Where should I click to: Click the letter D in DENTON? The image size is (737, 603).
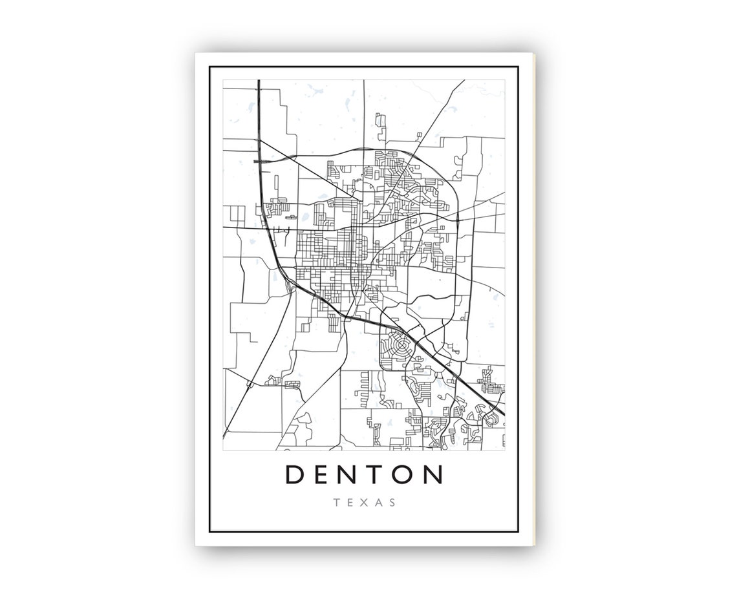pos(295,474)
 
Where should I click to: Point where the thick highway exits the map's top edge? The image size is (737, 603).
pos(258,81)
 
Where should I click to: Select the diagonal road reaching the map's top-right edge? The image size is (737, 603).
pos(463,81)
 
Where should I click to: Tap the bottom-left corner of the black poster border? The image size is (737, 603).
pos(210,531)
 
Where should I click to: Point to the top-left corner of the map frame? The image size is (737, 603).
pos(224,80)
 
